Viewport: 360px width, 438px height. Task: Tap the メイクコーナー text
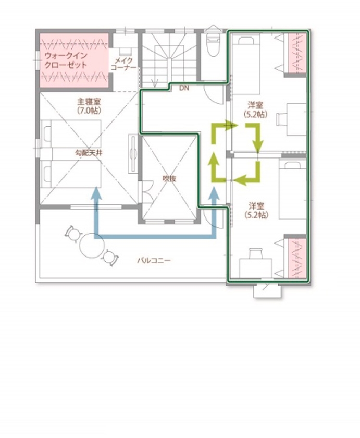pyautogui.click(x=123, y=65)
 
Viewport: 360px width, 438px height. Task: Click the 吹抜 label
pyautogui.click(x=169, y=178)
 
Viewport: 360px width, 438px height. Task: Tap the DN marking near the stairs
pyautogui.click(x=183, y=89)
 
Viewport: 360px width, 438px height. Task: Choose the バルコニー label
pyautogui.click(x=154, y=260)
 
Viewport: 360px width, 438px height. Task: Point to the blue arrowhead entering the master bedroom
pyautogui.click(x=95, y=193)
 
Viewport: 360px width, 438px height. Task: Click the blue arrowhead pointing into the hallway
pyautogui.click(x=213, y=193)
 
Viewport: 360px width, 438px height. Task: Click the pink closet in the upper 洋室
pyautogui.click(x=296, y=53)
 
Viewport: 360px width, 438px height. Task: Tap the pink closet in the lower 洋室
pyautogui.click(x=296, y=257)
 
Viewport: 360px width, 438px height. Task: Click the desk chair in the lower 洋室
pyautogui.click(x=254, y=253)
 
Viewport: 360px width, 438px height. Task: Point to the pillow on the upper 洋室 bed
pyautogui.click(x=243, y=40)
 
